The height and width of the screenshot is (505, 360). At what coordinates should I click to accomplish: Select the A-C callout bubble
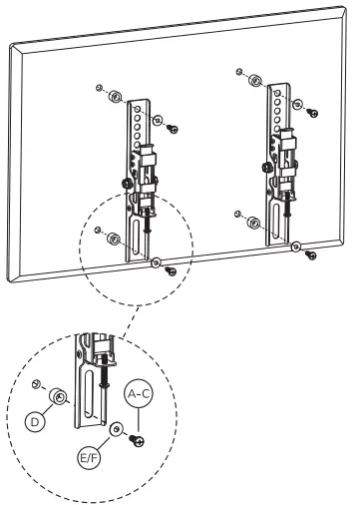coord(139,395)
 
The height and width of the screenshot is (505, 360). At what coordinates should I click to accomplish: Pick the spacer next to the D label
coord(59,398)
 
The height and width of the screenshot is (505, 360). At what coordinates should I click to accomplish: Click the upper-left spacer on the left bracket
coord(115,97)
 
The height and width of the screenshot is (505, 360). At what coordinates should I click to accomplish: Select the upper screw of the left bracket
coord(172,129)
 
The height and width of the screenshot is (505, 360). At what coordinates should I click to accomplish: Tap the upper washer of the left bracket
coord(156,119)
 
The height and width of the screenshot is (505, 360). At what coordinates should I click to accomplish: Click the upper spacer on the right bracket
coord(257,80)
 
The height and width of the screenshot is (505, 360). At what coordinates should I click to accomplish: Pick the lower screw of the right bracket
coord(311,255)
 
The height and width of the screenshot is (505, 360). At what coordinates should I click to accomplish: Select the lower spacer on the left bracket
coord(115,240)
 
